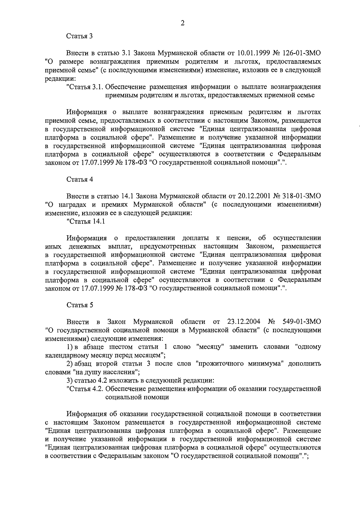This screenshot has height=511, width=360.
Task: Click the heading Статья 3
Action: pyautogui.click(x=79, y=36)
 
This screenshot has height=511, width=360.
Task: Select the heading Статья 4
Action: pyautogui.click(x=79, y=179)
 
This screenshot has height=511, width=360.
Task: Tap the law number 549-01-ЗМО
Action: pyautogui.click(x=301, y=322)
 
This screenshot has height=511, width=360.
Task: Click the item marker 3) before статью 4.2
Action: pyautogui.click(x=69, y=381)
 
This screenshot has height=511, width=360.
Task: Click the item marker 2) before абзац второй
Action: pyautogui.click(x=69, y=364)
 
